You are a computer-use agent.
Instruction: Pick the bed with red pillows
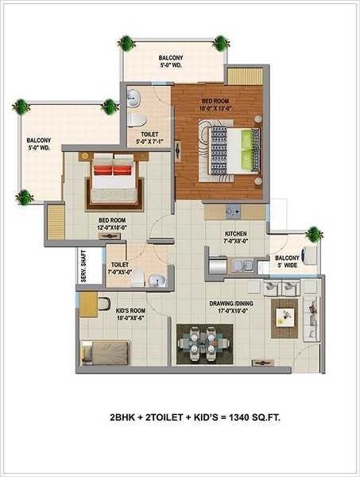[x=114, y=181]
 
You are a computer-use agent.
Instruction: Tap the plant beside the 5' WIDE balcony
[x=315, y=234]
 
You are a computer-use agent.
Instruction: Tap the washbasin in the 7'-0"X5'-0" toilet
[x=158, y=278]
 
